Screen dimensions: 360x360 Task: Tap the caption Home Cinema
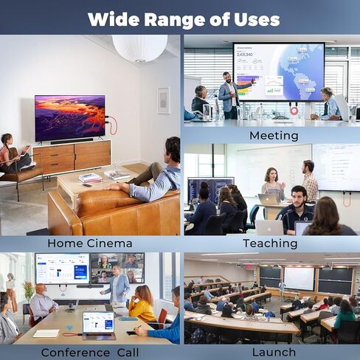point(90,243)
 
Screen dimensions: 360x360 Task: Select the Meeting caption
point(274,136)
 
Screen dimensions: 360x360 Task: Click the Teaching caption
point(270,243)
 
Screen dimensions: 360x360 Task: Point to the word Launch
point(274,353)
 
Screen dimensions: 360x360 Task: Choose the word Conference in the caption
point(75,353)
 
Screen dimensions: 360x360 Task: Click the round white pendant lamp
point(140,48)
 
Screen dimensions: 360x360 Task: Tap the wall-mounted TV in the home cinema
point(70,118)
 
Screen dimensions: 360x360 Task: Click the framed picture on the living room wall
point(164,100)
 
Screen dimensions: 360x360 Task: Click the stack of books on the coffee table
point(90,178)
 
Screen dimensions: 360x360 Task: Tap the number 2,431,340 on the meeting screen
point(245,55)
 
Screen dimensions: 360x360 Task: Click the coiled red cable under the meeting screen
point(294,109)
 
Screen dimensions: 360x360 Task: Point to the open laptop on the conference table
point(99,325)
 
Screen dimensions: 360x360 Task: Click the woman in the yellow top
point(142,304)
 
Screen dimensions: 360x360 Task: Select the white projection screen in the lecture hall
point(299,279)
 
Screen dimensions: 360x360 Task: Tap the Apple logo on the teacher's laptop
point(270,198)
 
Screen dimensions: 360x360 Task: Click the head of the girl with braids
point(7,139)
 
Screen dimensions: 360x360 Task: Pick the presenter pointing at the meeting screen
point(231,95)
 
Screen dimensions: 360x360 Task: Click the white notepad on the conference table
point(46,333)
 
